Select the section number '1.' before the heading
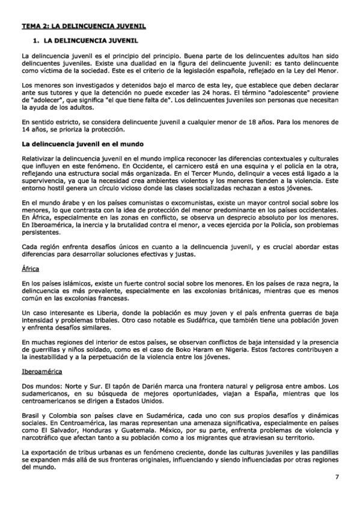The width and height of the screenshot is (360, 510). (35, 41)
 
